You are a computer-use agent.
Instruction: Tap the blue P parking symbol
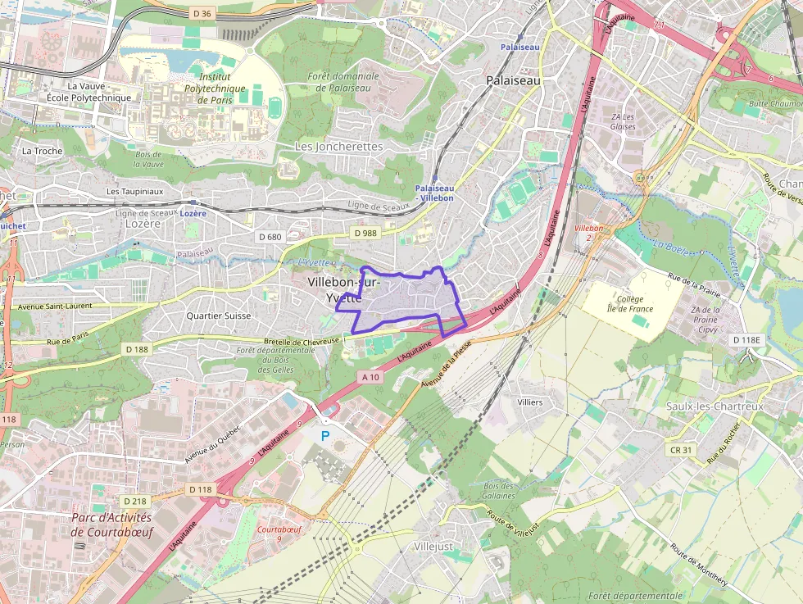324,437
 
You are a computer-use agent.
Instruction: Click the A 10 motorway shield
370,377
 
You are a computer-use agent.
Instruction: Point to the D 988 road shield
365,234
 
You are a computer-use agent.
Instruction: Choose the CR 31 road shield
681,450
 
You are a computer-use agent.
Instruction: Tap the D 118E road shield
746,339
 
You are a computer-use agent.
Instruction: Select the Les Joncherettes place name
338,146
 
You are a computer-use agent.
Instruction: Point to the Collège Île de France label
630,304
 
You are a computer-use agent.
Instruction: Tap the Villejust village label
433,546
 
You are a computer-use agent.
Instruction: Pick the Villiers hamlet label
530,402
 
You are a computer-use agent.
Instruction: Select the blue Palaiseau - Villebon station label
433,193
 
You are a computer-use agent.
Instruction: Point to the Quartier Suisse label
218,316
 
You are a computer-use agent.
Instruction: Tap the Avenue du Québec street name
213,443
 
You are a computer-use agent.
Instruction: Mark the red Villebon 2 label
588,232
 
